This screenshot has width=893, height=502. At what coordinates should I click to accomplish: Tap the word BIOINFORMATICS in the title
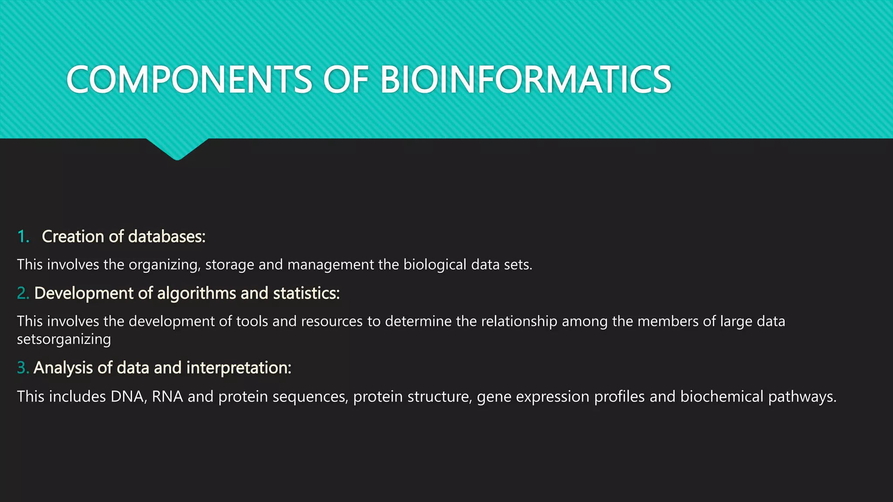(x=525, y=80)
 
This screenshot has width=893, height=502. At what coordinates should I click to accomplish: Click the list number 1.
(x=23, y=237)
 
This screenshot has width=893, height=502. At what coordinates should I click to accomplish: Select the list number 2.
(x=23, y=293)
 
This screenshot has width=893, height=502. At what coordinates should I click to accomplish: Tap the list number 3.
(x=23, y=368)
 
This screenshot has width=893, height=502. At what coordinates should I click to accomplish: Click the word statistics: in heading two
(x=306, y=293)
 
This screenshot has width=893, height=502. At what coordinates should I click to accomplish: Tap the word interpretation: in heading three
(x=239, y=368)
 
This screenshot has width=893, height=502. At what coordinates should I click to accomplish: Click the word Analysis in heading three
(x=63, y=368)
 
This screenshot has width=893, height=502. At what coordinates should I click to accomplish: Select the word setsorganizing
(x=64, y=339)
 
